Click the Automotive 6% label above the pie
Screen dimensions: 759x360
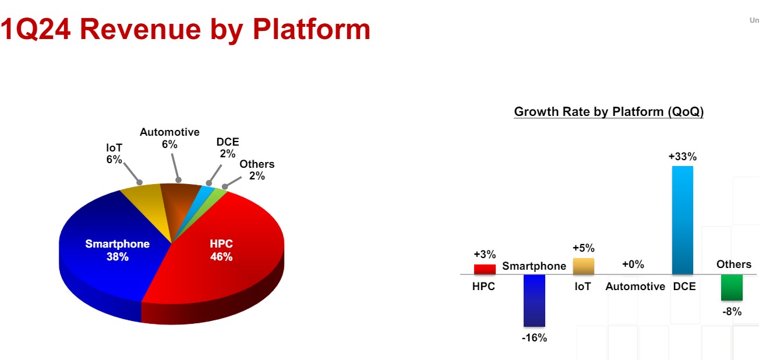(x=170, y=138)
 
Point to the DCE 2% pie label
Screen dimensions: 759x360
(x=228, y=148)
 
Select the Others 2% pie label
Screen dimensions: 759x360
(x=257, y=170)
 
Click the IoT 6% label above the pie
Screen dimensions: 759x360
(x=114, y=154)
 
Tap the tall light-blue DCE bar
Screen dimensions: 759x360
(x=683, y=220)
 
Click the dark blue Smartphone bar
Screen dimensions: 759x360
(x=534, y=301)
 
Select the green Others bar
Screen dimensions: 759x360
(x=732, y=287)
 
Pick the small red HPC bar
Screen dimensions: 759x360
(x=485, y=269)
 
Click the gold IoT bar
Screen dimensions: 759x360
(x=584, y=266)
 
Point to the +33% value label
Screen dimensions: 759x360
(x=683, y=157)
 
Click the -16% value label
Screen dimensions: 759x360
(x=534, y=338)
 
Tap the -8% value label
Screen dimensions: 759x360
(x=732, y=312)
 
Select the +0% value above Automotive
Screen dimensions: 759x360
(x=633, y=264)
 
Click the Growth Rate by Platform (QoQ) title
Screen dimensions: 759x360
(x=609, y=111)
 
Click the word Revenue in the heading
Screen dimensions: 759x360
(x=140, y=29)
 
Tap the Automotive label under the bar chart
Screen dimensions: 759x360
(x=636, y=287)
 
